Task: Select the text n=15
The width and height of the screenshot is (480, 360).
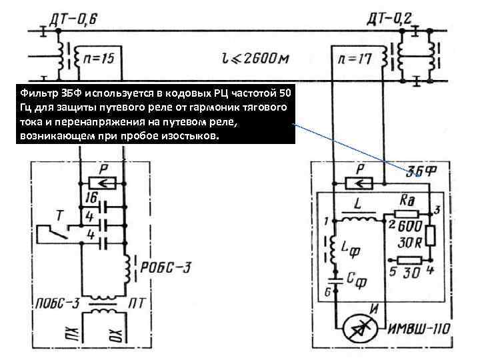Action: pyautogui.click(x=97, y=59)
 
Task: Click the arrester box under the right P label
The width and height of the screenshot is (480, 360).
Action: pyautogui.click(x=359, y=181)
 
